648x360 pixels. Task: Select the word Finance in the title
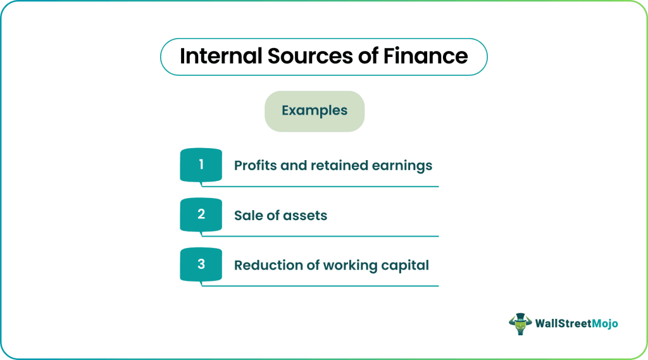(x=426, y=56)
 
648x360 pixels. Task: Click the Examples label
(x=315, y=111)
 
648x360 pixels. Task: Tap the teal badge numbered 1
(x=201, y=165)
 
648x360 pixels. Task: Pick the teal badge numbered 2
(x=201, y=214)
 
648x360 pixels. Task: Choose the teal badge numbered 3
(x=201, y=264)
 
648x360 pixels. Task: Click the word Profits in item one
(x=255, y=165)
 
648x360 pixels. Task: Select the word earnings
(x=402, y=166)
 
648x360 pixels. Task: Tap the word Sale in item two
(x=247, y=215)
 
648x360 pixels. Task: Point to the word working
(x=350, y=266)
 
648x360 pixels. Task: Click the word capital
(x=405, y=266)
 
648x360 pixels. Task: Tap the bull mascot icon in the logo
(x=520, y=324)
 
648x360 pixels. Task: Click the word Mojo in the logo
(x=605, y=324)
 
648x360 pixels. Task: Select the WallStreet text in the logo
(x=564, y=323)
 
